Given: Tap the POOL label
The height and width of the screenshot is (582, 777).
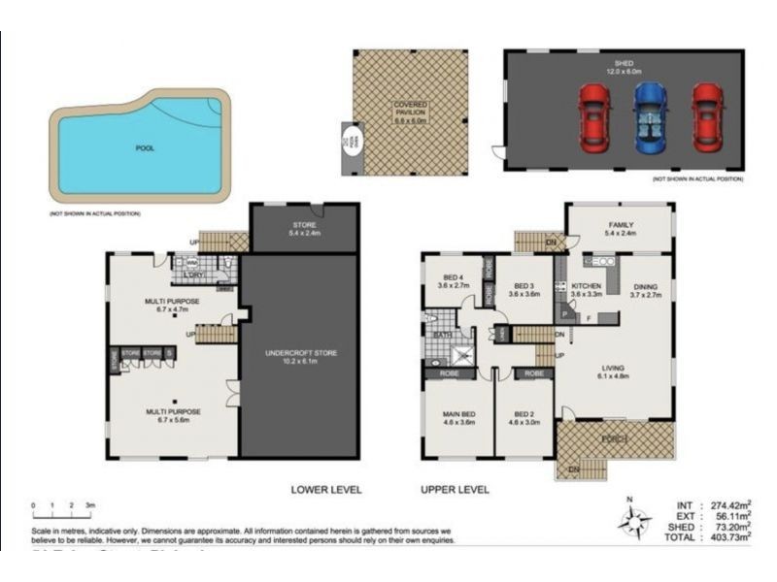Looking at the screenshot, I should pos(145,148).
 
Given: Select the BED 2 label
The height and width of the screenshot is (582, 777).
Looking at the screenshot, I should pos(524,418).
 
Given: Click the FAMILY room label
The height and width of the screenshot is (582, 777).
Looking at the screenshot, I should pos(620,229).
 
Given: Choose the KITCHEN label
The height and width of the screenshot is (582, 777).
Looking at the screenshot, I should pos(588,288).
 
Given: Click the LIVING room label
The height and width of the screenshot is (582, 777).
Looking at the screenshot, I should pos(612,372).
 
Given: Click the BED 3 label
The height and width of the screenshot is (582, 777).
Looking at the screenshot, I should pos(524,288).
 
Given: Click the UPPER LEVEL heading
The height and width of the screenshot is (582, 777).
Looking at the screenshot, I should pos(455,490).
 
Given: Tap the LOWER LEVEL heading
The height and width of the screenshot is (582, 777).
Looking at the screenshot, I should pos(326,490).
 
